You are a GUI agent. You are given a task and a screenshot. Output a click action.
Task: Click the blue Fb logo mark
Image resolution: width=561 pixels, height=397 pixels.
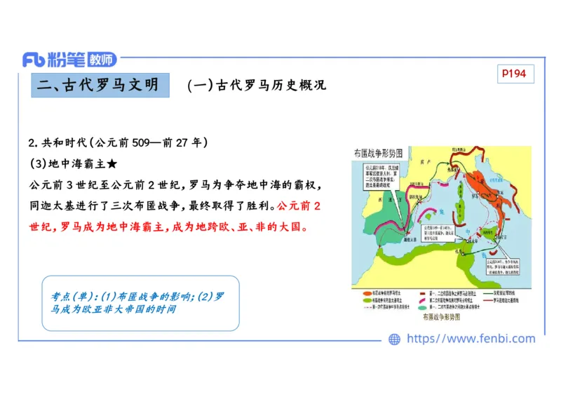[x=34, y=60]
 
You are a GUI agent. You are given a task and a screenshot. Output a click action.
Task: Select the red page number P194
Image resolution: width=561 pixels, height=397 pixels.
[x=515, y=74]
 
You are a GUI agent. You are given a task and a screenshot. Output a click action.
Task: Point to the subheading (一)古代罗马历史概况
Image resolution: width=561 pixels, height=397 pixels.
[x=257, y=86]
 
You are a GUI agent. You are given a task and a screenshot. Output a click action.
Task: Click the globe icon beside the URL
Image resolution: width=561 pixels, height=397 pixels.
[x=394, y=339]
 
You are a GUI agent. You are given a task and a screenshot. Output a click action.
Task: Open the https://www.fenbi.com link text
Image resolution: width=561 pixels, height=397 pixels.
[x=471, y=339]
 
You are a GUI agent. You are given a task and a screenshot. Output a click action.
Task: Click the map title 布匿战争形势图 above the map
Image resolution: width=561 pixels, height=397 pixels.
[x=378, y=152]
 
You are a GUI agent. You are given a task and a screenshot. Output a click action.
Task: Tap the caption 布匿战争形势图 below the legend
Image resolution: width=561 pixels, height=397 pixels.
[x=441, y=318]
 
